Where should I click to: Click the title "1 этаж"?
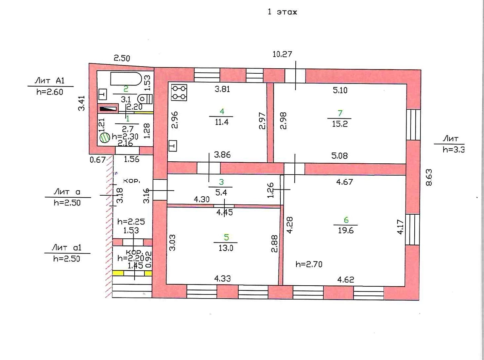(282, 12)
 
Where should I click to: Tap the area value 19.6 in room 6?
(346, 231)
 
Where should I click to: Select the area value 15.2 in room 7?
(340, 124)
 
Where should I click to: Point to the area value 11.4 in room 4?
(222, 122)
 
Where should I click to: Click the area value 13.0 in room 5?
(226, 248)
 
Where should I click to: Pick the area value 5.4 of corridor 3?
(221, 193)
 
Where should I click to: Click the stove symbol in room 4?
(179, 92)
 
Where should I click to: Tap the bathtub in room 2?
(126, 79)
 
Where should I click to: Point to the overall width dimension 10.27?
(282, 54)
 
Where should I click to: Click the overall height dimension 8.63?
(429, 177)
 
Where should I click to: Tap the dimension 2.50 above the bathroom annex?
(122, 58)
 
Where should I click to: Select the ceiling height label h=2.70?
(309, 264)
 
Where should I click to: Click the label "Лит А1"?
(50, 81)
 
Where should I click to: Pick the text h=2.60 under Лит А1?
(50, 92)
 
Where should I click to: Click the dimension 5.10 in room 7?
(340, 90)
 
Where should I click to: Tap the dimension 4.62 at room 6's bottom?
(346, 280)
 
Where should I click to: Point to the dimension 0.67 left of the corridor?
(98, 159)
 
